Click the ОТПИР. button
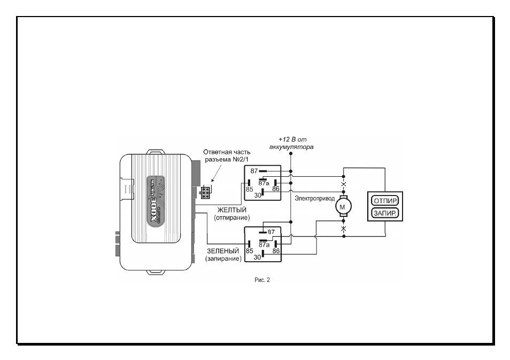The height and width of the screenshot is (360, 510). (x=385, y=201)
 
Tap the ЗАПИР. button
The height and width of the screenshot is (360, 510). (x=385, y=213)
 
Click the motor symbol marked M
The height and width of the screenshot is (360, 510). (x=343, y=206)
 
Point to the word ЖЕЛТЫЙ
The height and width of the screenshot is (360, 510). (x=232, y=210)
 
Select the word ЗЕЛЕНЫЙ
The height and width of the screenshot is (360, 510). (x=223, y=251)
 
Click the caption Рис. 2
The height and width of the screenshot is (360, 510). (x=262, y=280)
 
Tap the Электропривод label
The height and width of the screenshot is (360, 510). (x=314, y=198)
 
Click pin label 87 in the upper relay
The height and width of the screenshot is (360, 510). (x=254, y=171)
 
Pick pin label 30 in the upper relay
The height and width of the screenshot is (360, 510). (x=258, y=195)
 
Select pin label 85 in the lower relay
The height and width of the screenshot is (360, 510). (x=250, y=251)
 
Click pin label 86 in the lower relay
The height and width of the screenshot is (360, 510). (x=276, y=251)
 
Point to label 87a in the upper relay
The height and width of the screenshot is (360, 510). (x=264, y=183)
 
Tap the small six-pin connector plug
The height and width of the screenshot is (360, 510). (x=205, y=192)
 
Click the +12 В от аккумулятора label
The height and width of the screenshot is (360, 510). (x=291, y=143)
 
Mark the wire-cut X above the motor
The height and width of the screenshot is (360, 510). (x=343, y=185)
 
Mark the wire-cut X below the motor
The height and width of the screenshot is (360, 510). (x=343, y=229)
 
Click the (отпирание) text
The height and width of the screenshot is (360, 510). (x=232, y=218)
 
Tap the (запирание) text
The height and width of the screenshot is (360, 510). (x=223, y=259)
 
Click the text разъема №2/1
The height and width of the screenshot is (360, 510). (x=227, y=160)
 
